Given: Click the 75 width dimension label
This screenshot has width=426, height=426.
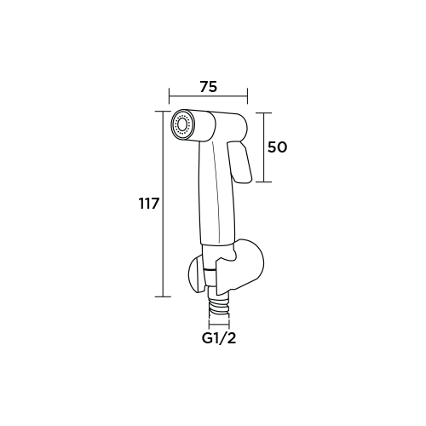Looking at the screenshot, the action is pyautogui.click(x=208, y=87).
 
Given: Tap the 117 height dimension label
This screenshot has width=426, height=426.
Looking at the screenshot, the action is pyautogui.click(x=148, y=204).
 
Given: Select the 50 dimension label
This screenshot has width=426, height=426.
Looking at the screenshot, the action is pyautogui.click(x=278, y=147).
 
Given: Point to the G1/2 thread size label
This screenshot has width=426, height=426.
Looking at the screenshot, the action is pyautogui.click(x=219, y=338).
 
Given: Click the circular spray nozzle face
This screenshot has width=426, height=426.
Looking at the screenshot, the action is pyautogui.click(x=181, y=124).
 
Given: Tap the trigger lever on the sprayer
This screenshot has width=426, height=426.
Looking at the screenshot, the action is pyautogui.click(x=239, y=162).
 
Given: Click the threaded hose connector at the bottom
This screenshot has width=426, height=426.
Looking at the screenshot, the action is pyautogui.click(x=219, y=308).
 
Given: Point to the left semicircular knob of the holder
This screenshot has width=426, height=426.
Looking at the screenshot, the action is pyautogui.click(x=196, y=274).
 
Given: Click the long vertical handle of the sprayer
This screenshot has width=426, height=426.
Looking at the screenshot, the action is pyautogui.click(x=217, y=193).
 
